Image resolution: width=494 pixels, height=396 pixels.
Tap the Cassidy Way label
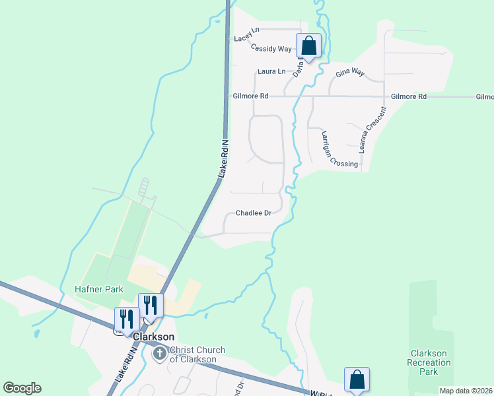click(271, 49)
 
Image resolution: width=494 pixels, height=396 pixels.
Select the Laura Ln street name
click(272, 71)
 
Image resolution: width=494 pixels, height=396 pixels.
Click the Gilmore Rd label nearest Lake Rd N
click(250, 96)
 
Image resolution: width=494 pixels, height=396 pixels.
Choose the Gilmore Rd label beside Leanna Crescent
click(408, 96)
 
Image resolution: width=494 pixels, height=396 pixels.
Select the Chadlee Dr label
click(254, 213)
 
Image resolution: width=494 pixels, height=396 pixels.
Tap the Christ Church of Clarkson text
click(197, 354)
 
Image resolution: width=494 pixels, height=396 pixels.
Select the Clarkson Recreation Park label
click(430, 362)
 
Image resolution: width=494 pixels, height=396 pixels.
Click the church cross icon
click(159, 354)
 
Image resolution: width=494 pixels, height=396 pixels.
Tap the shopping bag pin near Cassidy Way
click(308, 46)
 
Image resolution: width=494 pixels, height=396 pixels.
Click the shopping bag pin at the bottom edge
click(357, 379)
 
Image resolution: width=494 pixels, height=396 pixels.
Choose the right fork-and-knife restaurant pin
click(151, 305)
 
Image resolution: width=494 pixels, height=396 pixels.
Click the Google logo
click(22, 388)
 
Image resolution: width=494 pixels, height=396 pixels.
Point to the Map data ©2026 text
click(466, 391)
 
